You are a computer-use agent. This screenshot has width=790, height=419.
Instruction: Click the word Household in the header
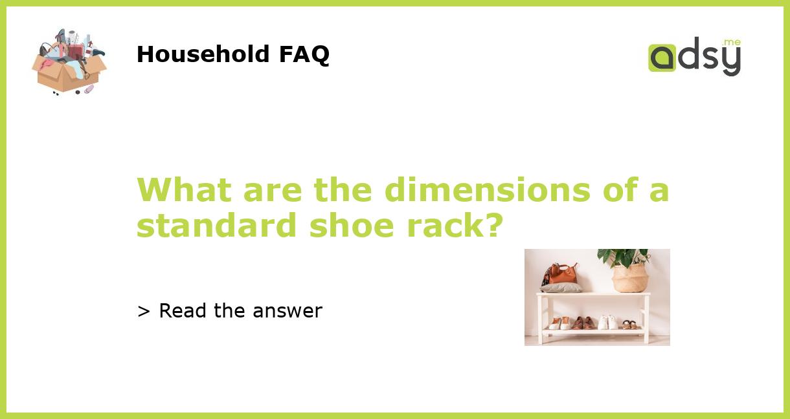click(204, 54)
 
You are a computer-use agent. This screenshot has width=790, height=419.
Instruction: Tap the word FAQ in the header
click(304, 54)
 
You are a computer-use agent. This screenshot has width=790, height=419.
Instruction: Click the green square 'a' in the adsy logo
click(662, 58)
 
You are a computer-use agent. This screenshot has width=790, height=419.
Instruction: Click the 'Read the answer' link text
click(240, 311)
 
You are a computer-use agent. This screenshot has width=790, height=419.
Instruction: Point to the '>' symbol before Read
click(144, 312)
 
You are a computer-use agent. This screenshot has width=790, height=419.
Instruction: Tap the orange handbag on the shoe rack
click(563, 274)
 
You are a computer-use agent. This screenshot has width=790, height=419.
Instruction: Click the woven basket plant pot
click(630, 278)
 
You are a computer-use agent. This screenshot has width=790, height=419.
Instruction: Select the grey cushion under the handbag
click(561, 288)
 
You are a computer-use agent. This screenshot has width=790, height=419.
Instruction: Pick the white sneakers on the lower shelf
click(607, 322)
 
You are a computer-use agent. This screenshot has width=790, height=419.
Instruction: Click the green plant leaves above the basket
click(623, 257)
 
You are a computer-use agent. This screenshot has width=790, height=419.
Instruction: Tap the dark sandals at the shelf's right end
click(629, 324)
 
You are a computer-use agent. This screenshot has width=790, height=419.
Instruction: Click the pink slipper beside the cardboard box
click(89, 89)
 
